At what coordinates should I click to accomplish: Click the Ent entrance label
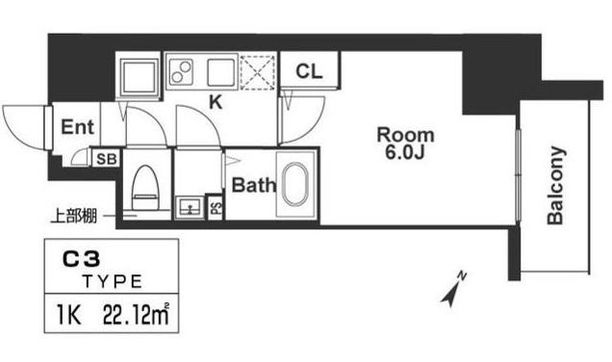(x=77, y=127)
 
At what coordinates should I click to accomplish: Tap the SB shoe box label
(x=106, y=159)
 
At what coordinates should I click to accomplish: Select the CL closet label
(x=309, y=71)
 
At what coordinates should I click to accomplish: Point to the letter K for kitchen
(x=216, y=102)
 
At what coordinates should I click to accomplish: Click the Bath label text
(x=254, y=185)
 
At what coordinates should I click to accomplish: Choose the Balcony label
(x=555, y=185)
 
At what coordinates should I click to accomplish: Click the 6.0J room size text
(x=405, y=153)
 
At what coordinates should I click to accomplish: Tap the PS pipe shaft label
(x=216, y=206)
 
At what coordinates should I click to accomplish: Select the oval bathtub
(x=295, y=184)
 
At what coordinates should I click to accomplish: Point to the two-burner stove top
(x=180, y=72)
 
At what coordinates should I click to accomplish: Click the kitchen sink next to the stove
(x=221, y=72)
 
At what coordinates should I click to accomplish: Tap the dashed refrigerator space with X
(x=257, y=72)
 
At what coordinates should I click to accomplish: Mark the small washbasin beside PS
(x=190, y=206)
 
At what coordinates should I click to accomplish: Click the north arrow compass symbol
(x=454, y=289)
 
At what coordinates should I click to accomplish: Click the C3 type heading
(x=82, y=260)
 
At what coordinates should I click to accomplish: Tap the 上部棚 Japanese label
(x=74, y=216)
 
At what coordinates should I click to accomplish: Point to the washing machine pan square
(x=140, y=76)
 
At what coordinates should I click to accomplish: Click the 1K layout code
(x=69, y=315)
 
